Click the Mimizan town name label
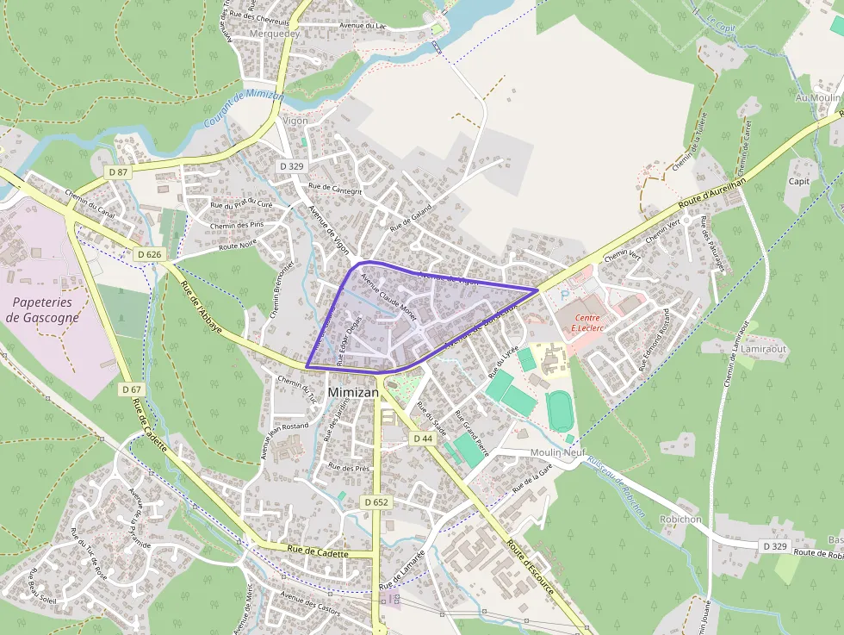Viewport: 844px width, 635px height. [x=352, y=392]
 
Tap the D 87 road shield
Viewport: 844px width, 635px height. [x=119, y=172]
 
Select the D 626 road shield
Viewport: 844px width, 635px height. [x=149, y=254]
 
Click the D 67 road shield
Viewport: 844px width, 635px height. [x=132, y=389]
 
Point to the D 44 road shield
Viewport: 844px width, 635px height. [x=422, y=439]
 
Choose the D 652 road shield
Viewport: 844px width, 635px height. [x=376, y=501]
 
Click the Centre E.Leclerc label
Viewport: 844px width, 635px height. [x=586, y=323]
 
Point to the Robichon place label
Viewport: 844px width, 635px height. [x=680, y=520]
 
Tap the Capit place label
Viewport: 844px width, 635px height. [x=799, y=182]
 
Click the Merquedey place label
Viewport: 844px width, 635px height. [x=275, y=34]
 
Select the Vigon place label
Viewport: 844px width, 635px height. [x=295, y=121]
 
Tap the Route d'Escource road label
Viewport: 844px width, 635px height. [x=535, y=571]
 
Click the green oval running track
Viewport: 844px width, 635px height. [x=560, y=411]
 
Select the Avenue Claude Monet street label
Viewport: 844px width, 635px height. [x=388, y=297]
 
